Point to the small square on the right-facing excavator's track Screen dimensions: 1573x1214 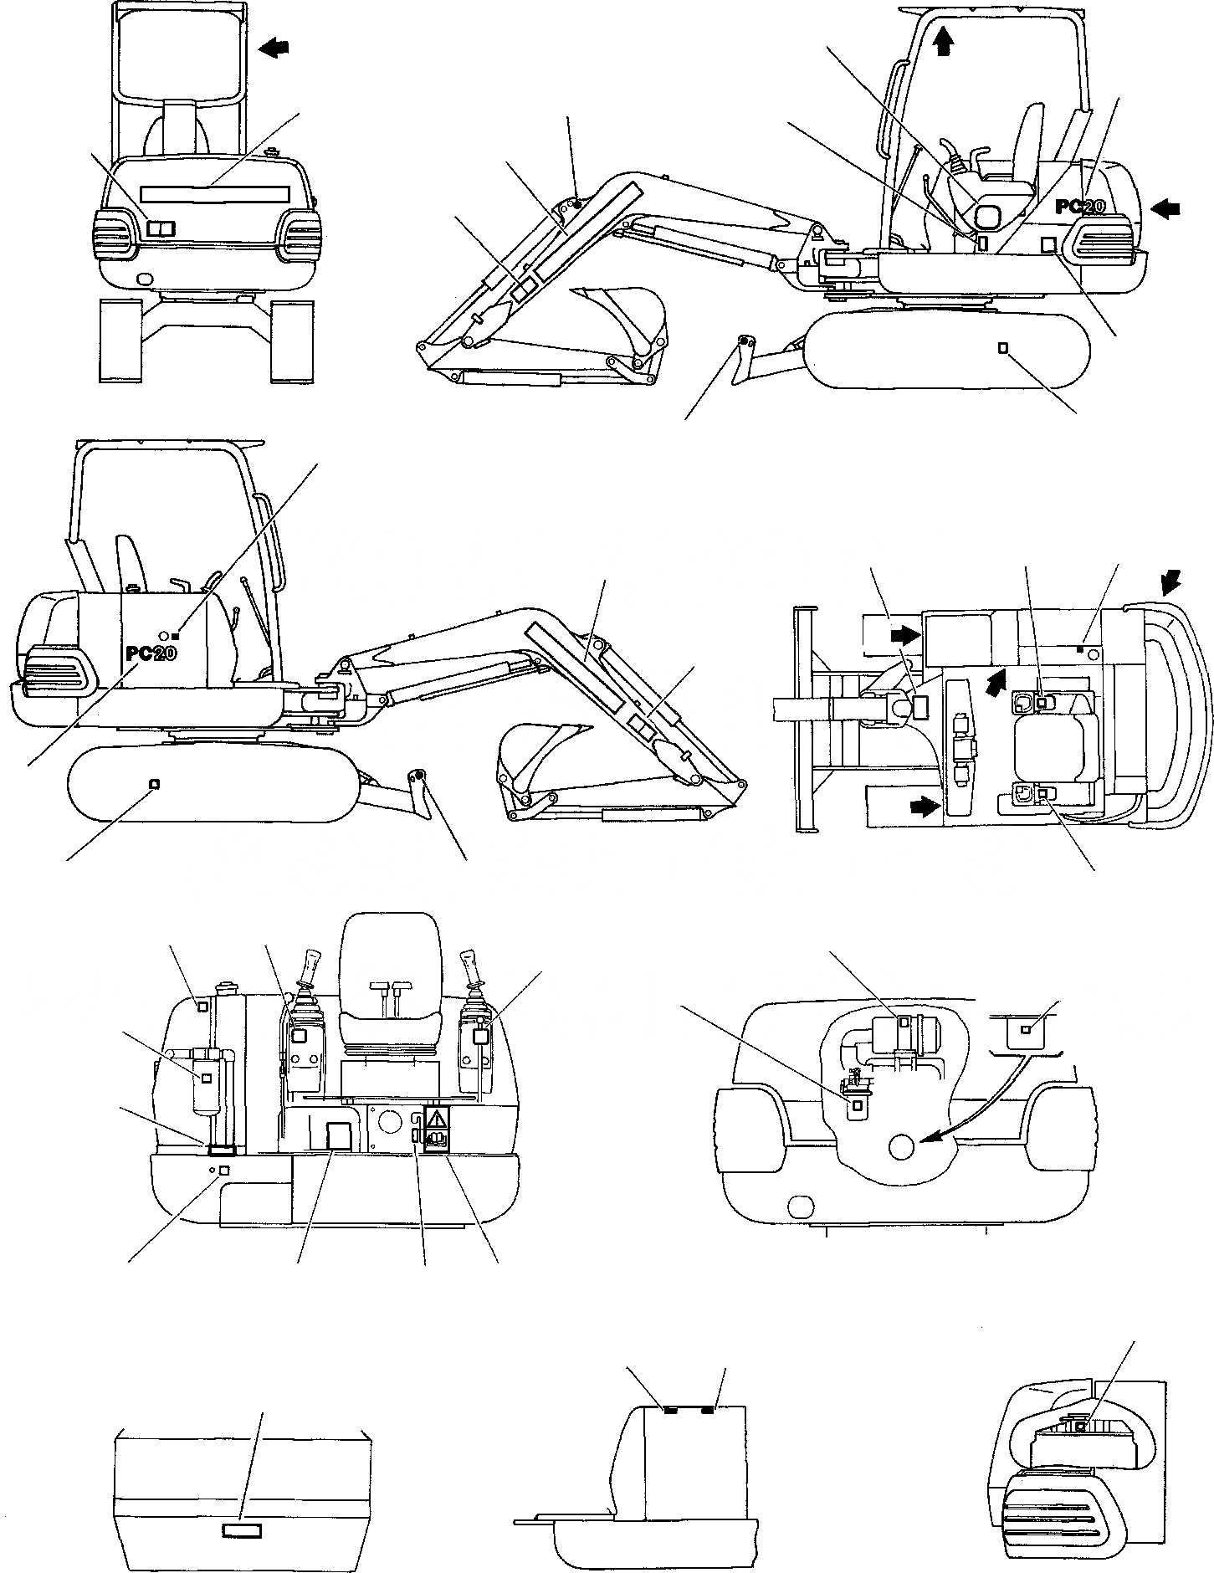(1003, 346)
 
